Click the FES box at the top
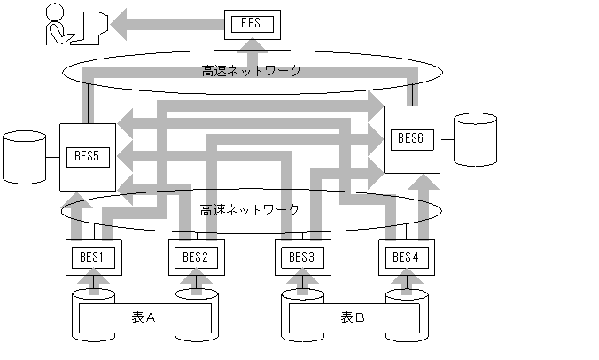pos(252,23)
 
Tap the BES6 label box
pos(411,138)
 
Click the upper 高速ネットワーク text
pos(252,71)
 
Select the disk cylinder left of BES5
pos(25,158)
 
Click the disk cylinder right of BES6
pos(474,139)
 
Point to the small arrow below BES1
pos(95,283)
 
